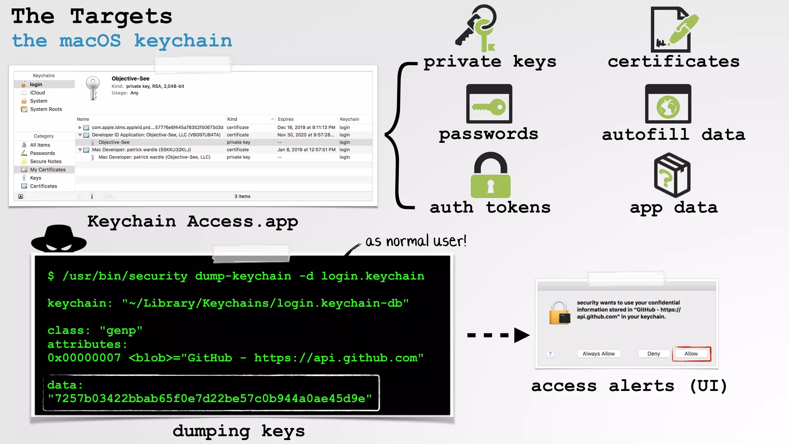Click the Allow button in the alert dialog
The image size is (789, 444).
click(691, 354)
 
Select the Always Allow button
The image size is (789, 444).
click(598, 354)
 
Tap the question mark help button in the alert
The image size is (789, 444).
click(550, 354)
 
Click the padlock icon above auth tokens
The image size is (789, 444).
click(490, 176)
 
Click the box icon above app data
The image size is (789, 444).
click(672, 175)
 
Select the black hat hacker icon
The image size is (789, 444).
click(59, 239)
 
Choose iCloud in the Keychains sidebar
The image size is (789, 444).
click(37, 93)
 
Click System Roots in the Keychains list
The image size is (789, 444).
click(46, 109)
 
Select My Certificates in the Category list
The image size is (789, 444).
click(48, 170)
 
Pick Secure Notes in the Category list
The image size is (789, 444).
click(45, 161)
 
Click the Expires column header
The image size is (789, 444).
click(286, 119)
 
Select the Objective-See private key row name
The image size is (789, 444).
click(114, 142)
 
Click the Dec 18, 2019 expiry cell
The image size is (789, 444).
click(306, 128)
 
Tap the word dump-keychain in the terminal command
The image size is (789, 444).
click(243, 276)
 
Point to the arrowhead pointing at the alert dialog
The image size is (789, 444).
click(521, 335)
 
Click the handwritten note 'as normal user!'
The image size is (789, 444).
click(416, 241)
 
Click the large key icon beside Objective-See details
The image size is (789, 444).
click(93, 88)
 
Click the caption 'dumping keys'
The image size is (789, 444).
click(238, 431)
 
